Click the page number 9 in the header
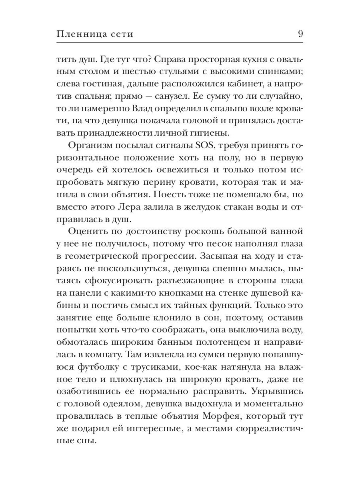coord(300,34)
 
